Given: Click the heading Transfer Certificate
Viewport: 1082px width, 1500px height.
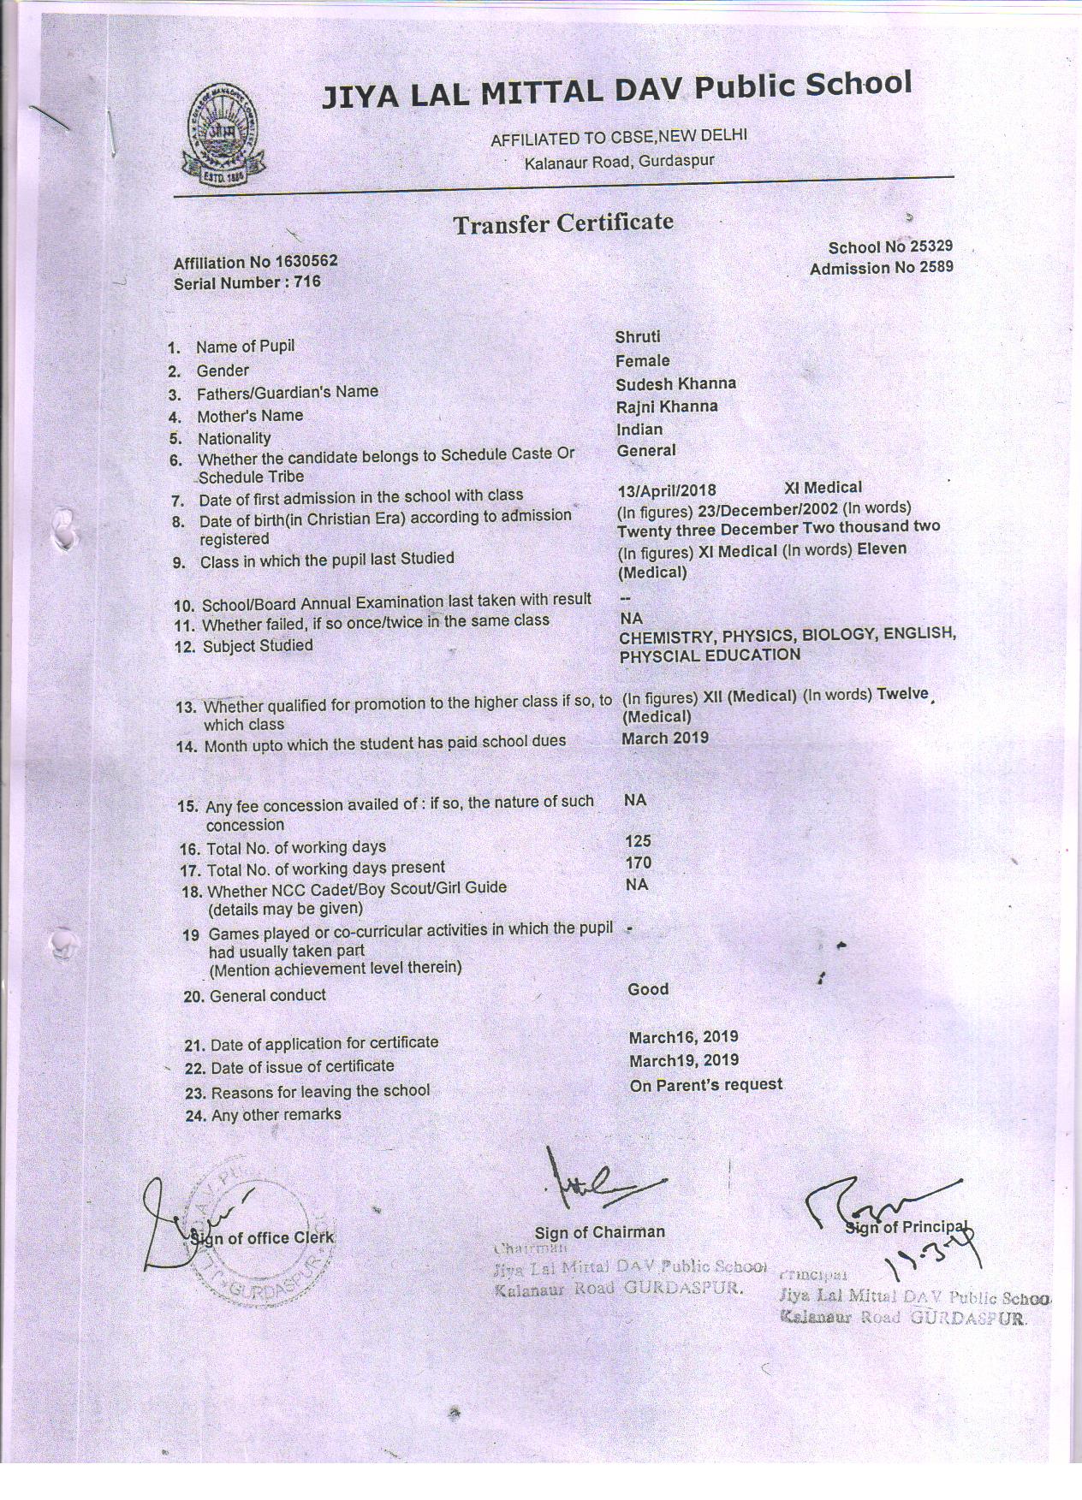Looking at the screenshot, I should click(563, 224).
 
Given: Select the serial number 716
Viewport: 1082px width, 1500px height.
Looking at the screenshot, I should click(307, 281).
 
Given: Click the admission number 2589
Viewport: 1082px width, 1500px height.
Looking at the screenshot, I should click(936, 268).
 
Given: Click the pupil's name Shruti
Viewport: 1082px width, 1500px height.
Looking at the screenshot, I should click(638, 337).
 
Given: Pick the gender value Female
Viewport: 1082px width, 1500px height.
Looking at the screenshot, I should click(642, 361).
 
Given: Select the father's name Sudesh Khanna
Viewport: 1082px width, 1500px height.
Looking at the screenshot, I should click(675, 384).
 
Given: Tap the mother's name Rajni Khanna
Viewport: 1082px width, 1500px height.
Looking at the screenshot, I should click(667, 406).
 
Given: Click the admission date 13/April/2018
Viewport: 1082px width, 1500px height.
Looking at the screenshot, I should click(666, 490).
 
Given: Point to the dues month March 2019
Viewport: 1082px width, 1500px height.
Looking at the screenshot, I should click(665, 738).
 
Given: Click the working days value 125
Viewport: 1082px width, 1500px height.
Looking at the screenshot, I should click(639, 841).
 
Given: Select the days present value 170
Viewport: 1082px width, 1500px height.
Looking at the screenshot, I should click(639, 863).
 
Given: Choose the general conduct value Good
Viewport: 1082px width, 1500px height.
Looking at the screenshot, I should click(648, 989).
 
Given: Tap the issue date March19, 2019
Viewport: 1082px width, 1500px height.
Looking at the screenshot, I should click(683, 1060).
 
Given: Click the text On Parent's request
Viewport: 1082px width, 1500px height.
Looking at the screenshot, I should click(706, 1084).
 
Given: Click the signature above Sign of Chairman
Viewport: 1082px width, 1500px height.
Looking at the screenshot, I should click(598, 1185).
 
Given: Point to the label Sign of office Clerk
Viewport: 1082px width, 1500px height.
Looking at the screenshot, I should click(263, 1237).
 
